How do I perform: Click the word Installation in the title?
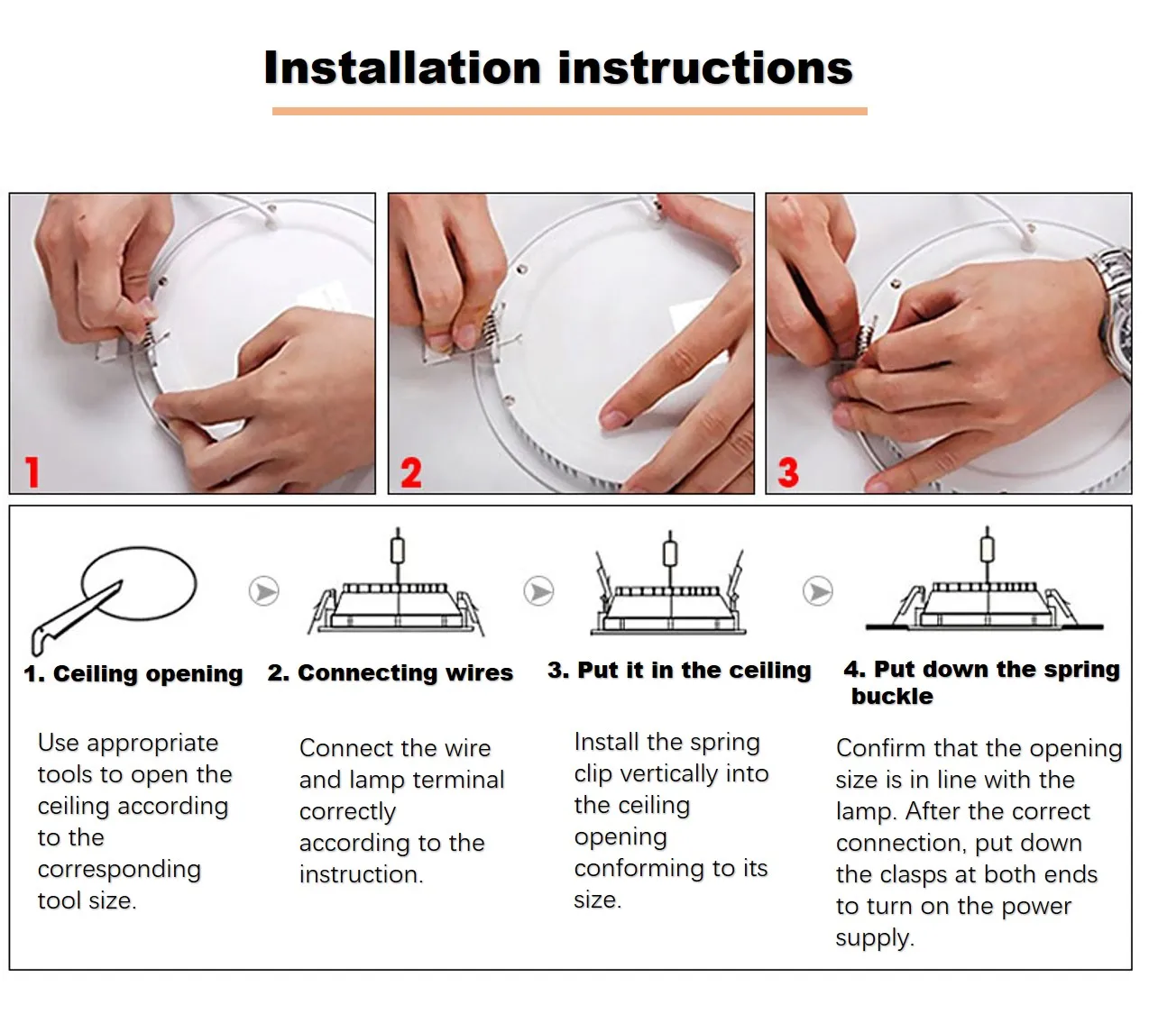402,68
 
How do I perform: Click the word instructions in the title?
705,68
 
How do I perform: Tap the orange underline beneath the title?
569,111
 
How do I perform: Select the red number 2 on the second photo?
411,472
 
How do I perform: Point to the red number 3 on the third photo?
788,472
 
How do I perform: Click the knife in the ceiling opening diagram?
77,617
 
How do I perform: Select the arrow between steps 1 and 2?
263,591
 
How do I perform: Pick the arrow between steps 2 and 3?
538,591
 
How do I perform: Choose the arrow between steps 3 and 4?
818,591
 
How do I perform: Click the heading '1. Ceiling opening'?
133,673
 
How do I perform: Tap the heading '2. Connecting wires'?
391,672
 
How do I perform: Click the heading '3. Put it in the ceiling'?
679,670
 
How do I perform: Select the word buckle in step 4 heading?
892,696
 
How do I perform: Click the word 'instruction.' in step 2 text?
362,874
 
